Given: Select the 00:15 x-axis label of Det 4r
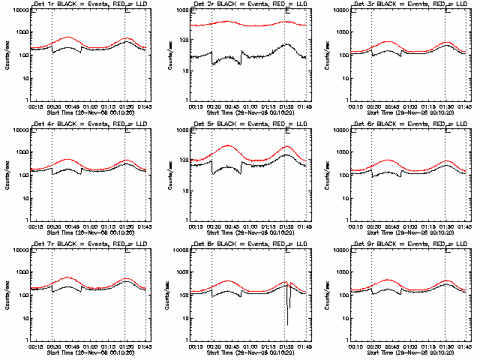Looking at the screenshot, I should tap(34, 225).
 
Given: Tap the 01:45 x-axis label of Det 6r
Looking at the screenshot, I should tap(464, 225).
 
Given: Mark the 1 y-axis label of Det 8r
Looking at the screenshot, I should tap(188, 340).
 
